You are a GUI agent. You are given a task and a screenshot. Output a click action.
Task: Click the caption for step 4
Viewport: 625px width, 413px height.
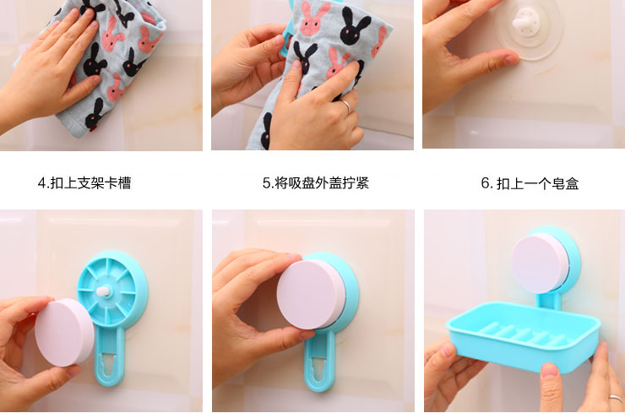(x=84, y=183)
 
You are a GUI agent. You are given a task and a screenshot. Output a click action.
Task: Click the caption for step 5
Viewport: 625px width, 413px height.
(x=316, y=183)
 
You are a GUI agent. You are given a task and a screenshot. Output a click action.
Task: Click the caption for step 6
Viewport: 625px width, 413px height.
(x=530, y=183)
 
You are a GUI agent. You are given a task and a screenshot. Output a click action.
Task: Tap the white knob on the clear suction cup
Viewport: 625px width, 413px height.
(x=526, y=22)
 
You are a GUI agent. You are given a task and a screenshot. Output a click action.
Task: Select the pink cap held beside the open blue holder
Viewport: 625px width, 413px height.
(x=64, y=333)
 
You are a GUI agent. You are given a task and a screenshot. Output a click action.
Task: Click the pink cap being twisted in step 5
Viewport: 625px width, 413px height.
(x=312, y=294)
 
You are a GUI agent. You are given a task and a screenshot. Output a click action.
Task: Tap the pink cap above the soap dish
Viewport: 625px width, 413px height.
(x=541, y=264)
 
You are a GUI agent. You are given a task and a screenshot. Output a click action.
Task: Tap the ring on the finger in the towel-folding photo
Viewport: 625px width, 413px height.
(x=346, y=106)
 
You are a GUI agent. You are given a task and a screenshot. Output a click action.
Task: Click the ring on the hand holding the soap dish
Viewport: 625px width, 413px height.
(x=617, y=399)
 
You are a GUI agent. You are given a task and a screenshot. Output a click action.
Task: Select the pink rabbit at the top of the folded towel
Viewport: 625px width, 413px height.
(x=313, y=19)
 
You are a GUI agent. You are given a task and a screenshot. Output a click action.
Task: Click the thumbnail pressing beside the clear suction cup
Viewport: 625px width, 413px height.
(x=511, y=59)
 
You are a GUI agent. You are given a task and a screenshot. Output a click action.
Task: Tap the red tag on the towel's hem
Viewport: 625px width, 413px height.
(x=93, y=128)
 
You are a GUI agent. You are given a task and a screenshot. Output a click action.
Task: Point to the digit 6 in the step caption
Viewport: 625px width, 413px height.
(x=485, y=183)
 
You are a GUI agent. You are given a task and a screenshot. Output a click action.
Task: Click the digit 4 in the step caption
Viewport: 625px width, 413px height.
(x=42, y=183)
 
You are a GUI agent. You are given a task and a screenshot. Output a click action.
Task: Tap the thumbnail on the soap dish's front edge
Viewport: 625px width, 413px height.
(x=551, y=371)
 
